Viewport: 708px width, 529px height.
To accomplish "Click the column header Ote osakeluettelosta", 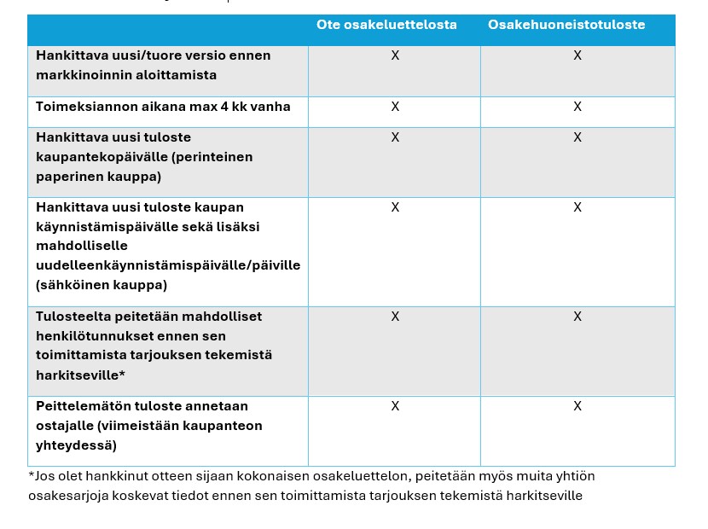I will click(x=386, y=25).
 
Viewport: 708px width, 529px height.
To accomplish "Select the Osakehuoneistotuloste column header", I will click(x=566, y=25).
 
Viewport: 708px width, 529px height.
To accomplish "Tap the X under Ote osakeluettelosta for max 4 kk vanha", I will click(x=395, y=107).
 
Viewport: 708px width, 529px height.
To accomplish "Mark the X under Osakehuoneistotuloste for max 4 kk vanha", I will click(x=577, y=107).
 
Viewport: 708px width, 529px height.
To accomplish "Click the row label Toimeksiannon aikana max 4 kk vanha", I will click(x=163, y=107).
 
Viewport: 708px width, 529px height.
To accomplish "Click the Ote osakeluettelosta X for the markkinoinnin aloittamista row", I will click(x=395, y=55).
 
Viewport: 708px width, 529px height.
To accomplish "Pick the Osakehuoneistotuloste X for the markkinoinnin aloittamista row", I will click(x=577, y=55).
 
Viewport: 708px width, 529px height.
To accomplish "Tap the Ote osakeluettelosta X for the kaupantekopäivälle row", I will click(x=395, y=137).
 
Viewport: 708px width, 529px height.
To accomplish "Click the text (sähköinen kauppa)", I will click(x=102, y=284).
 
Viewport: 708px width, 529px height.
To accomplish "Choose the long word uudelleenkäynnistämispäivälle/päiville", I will click(x=168, y=265).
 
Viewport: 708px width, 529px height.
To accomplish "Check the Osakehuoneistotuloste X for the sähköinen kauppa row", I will click(x=577, y=207).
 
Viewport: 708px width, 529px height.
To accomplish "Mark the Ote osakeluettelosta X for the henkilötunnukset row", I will click(x=395, y=317).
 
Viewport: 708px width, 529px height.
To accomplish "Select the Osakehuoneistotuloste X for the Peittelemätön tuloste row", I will click(x=577, y=406).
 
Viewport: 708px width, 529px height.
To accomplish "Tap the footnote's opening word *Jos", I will click(x=41, y=476).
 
